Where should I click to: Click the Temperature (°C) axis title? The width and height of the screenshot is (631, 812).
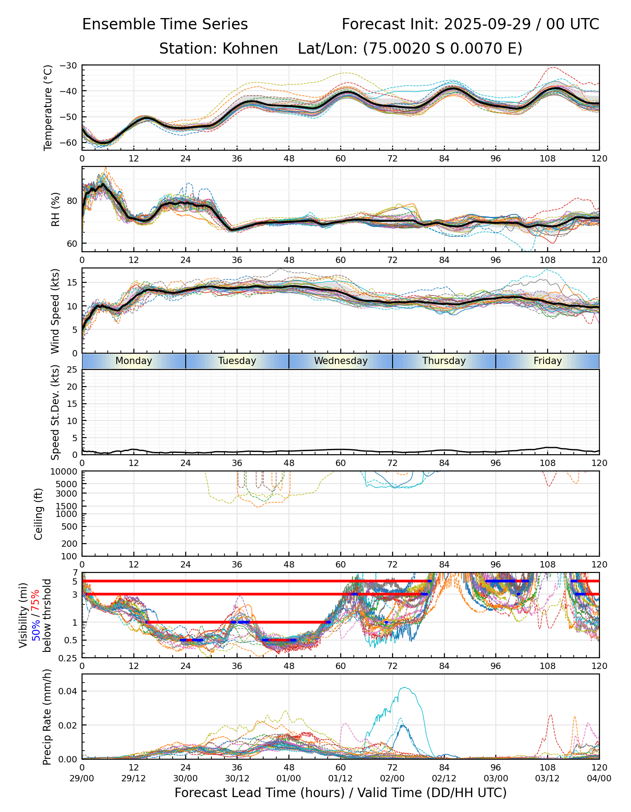48,107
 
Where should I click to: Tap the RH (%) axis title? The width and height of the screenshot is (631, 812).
56,209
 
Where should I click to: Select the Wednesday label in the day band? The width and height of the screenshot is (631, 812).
341,361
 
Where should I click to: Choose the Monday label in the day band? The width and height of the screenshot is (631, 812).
134,361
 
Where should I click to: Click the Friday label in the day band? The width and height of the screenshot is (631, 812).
548,361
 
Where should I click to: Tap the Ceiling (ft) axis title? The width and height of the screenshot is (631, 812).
39,514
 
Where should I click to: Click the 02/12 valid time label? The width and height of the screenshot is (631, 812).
444,778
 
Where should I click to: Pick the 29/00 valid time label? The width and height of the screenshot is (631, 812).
82,778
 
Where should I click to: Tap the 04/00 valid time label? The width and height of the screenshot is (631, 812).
599,778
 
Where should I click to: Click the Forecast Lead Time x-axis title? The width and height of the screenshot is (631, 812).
340,793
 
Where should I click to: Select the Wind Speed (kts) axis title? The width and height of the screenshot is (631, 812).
55,311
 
